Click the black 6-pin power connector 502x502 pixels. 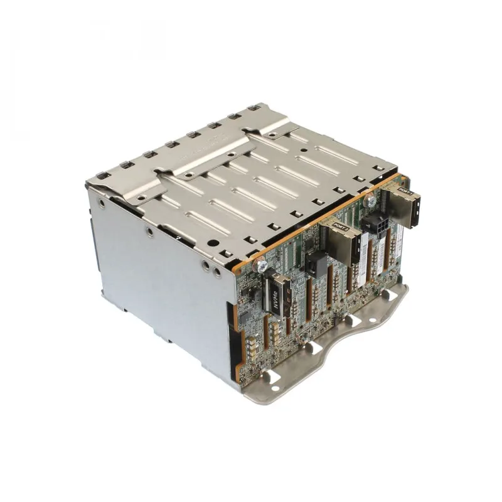pyautogui.click(x=378, y=227)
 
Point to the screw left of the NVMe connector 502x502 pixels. pyautogui.click(x=257, y=266)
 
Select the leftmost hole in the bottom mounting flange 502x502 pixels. pyautogui.click(x=272, y=376)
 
